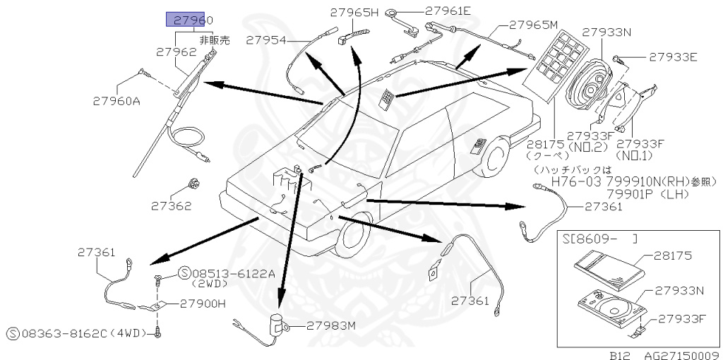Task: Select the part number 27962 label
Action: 176,52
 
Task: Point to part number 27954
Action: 266,41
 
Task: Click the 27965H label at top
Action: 354,12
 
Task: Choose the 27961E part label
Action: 448,11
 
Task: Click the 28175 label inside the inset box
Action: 673,256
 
